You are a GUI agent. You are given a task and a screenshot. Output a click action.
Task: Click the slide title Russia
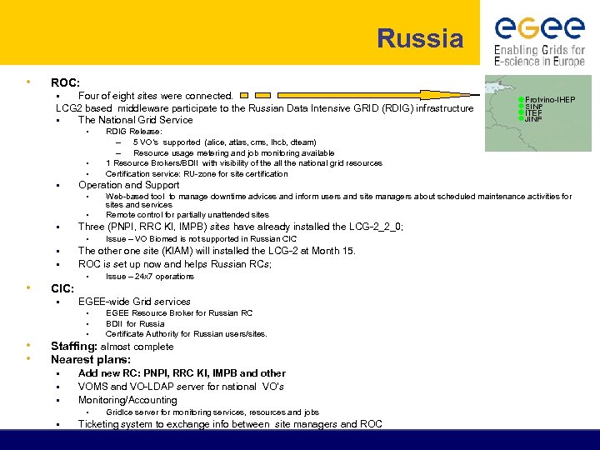tap(420, 38)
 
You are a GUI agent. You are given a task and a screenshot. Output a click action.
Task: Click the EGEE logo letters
tap(539, 29)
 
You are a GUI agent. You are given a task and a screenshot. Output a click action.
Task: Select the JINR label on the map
tap(534, 119)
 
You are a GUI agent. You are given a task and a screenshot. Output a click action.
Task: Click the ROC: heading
tap(65, 82)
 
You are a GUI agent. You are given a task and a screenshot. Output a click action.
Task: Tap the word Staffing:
tap(74, 347)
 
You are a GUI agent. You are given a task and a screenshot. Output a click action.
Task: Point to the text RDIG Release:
tap(134, 132)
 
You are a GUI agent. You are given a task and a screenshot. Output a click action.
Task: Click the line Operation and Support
tap(128, 185)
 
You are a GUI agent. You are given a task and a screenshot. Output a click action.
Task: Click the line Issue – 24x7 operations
tap(150, 276)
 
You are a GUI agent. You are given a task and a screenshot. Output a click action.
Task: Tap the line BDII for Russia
tap(135, 323)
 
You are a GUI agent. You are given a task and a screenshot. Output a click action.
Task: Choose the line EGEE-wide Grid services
tap(134, 302)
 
